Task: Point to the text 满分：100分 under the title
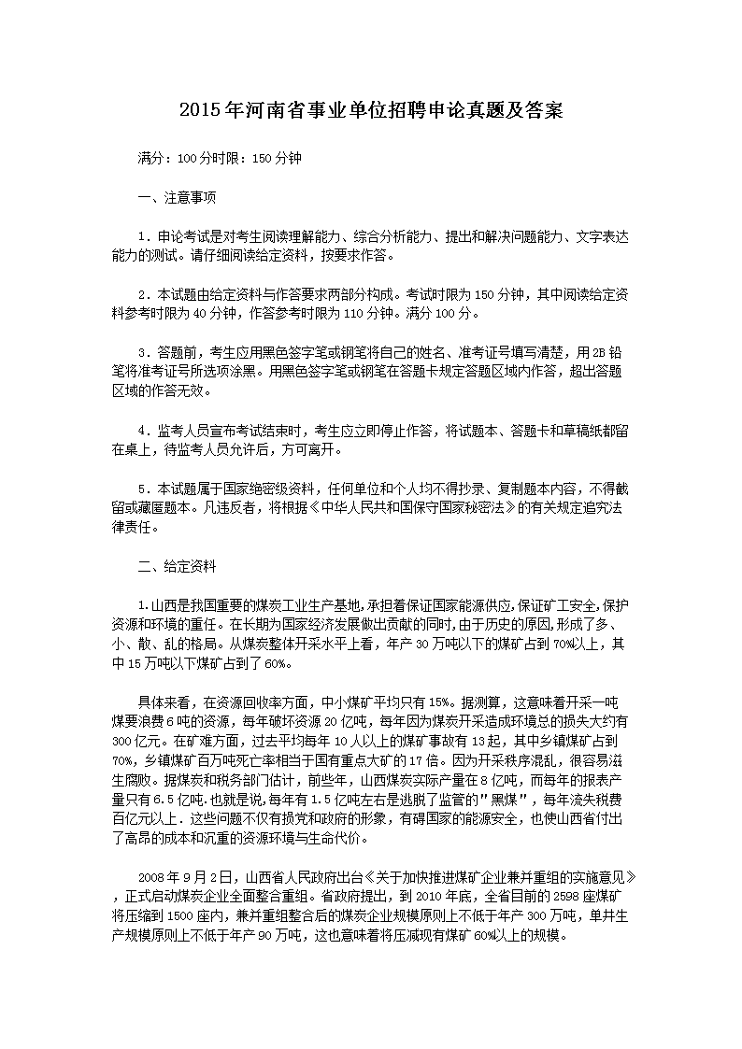click(x=168, y=158)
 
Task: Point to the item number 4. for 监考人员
click(x=144, y=431)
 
